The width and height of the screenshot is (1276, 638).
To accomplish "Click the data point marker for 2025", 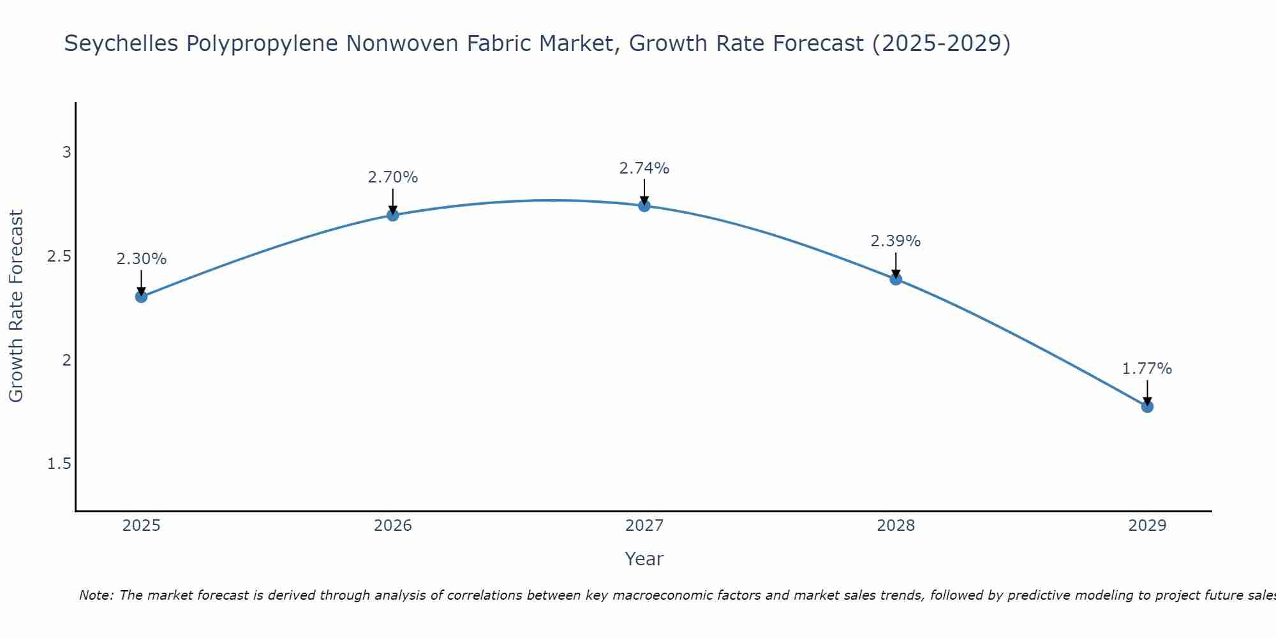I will tap(142, 297).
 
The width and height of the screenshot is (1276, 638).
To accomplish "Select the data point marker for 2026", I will tap(393, 215).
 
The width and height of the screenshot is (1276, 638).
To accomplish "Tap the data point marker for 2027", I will tap(644, 205).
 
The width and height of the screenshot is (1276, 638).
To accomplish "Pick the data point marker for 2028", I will tap(896, 279).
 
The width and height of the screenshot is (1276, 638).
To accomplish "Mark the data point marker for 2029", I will tap(1147, 406).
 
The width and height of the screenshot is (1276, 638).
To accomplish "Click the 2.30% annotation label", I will tap(142, 259).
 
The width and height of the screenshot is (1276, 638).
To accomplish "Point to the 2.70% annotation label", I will tap(393, 177).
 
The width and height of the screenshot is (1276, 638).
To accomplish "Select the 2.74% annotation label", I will tap(644, 168).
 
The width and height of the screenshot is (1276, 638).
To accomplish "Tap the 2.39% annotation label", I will tap(896, 241).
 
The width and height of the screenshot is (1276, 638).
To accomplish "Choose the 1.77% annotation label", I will tap(1147, 369).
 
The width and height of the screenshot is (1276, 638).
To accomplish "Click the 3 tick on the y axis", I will tap(66, 152).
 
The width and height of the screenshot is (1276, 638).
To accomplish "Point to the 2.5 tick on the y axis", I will tap(59, 256).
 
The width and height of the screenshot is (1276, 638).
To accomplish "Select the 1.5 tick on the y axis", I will tap(59, 464).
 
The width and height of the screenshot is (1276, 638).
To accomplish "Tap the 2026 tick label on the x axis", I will tap(393, 526).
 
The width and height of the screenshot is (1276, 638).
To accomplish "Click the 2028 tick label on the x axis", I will tap(896, 526).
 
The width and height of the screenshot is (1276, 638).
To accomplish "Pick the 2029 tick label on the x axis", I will tap(1147, 526).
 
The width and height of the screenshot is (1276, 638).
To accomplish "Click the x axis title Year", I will tap(644, 559).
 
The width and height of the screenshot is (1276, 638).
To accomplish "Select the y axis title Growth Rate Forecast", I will tap(17, 306).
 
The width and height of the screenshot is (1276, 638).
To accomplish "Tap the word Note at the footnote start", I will tap(96, 595).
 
